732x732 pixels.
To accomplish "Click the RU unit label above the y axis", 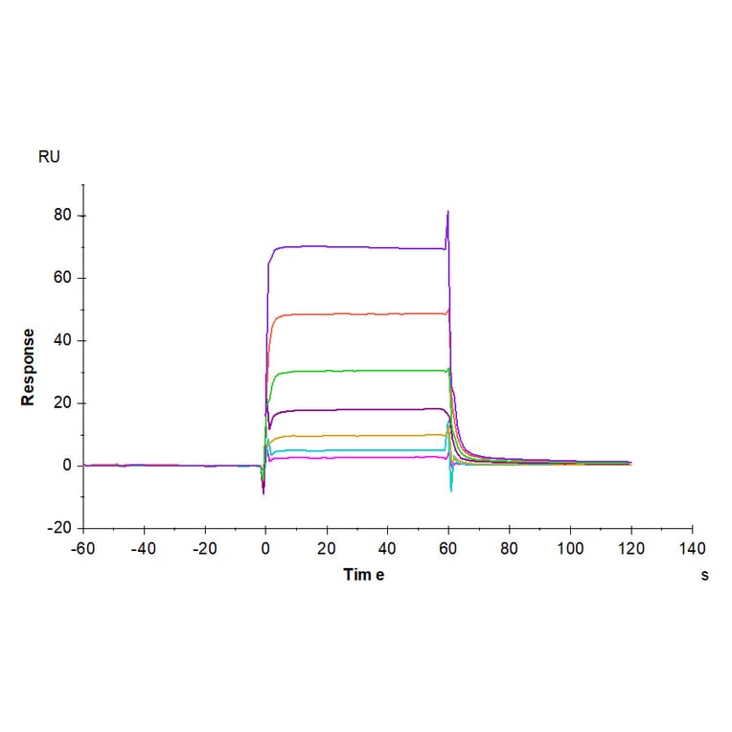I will (49, 156).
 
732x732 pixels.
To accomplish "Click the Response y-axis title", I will (29, 367).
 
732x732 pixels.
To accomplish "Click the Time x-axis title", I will (364, 575).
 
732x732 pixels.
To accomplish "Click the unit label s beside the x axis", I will (704, 575).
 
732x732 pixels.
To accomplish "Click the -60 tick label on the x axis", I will (82, 549).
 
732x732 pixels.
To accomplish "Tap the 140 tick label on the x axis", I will (692, 549).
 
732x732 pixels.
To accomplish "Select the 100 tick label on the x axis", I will (570, 549).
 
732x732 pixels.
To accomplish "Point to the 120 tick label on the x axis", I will (630, 549).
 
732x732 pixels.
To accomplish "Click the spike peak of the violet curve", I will (448, 212).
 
